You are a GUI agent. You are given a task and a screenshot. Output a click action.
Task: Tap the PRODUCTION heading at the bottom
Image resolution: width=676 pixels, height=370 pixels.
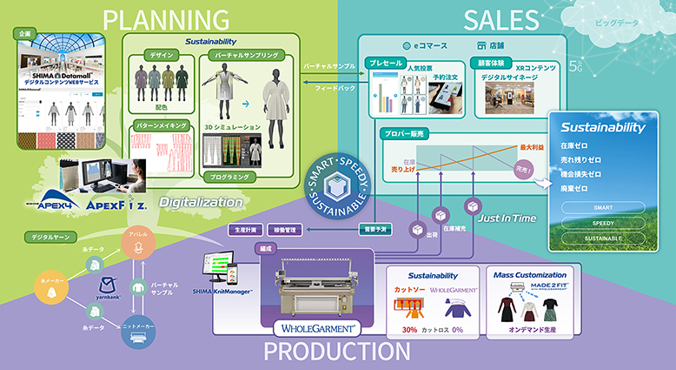338,351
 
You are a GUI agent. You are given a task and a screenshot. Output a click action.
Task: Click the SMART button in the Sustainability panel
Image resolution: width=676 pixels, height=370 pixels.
602,207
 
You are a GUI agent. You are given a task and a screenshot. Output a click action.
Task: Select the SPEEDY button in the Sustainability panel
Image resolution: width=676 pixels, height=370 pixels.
602,222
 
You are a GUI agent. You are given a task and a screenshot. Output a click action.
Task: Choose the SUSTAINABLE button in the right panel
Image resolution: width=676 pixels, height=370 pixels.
602,238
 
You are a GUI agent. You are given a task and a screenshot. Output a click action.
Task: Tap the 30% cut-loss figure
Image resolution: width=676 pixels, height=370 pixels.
409,330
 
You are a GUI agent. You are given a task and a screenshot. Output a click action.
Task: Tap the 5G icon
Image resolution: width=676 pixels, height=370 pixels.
574,65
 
